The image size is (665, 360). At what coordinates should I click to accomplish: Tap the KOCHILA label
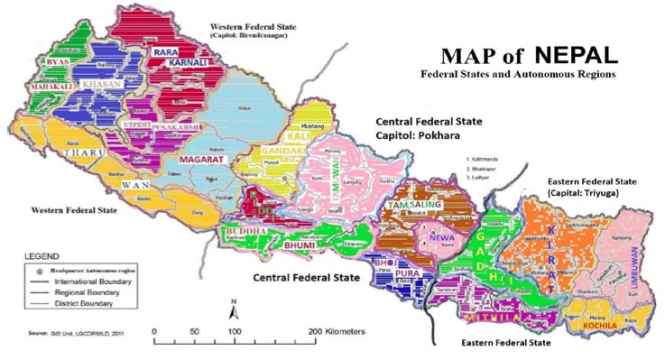[598, 322]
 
